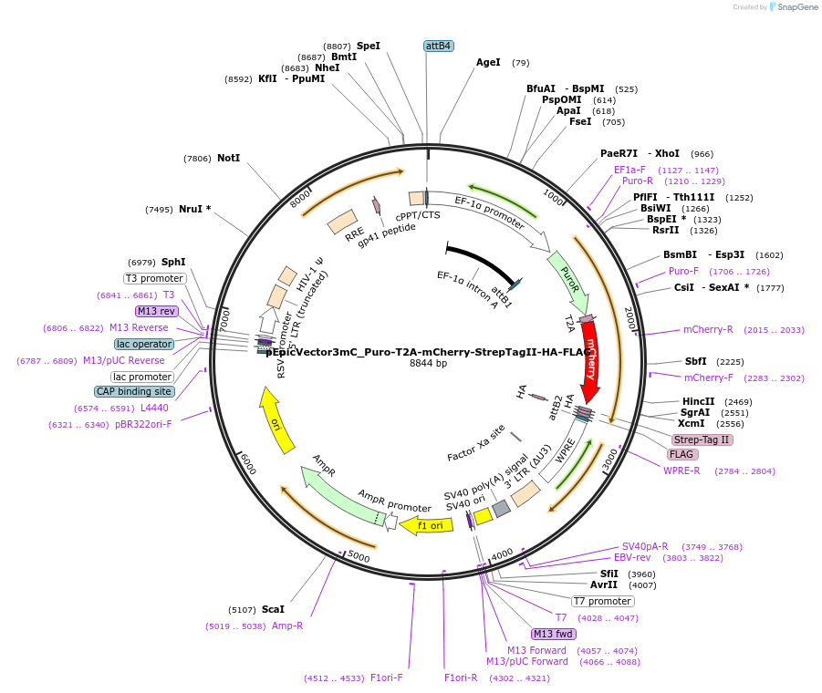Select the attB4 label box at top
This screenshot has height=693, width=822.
[438, 46]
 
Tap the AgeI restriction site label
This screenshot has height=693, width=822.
[488, 63]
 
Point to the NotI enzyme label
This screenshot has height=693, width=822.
[228, 158]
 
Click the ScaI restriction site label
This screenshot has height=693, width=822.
[273, 609]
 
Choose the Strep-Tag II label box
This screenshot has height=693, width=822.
[702, 440]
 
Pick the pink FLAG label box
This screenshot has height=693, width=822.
[682, 454]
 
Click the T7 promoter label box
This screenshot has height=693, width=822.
[602, 601]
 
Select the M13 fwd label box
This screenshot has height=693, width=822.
[554, 634]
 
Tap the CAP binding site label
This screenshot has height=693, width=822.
[133, 391]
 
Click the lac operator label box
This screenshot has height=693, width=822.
[144, 344]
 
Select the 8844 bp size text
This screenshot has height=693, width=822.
[428, 363]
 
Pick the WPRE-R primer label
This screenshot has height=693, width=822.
[682, 471]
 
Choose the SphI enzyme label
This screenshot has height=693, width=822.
[173, 262]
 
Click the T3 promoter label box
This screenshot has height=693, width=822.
[155, 278]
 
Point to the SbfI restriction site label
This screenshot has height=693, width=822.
[695, 361]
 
